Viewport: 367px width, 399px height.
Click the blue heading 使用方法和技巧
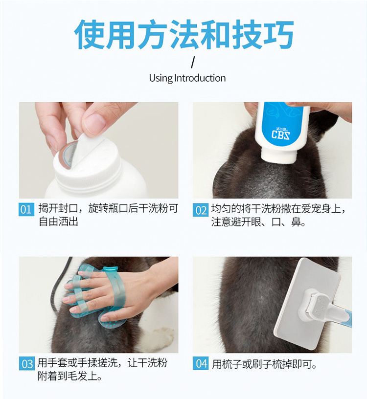click(x=184, y=34)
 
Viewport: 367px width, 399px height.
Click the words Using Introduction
click(x=187, y=78)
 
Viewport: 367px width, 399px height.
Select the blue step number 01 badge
click(x=26, y=210)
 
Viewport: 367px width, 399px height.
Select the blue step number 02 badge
click(x=201, y=210)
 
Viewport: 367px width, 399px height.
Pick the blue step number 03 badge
click(x=26, y=364)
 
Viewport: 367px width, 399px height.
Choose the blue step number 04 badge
click(x=201, y=363)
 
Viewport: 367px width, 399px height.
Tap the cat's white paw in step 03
click(x=161, y=336)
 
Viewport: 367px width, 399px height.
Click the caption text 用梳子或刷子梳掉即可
click(x=264, y=364)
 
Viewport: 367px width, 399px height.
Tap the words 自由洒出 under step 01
click(x=58, y=222)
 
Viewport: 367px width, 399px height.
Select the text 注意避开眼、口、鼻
click(x=258, y=222)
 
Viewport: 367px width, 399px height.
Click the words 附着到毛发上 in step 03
click(x=69, y=376)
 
